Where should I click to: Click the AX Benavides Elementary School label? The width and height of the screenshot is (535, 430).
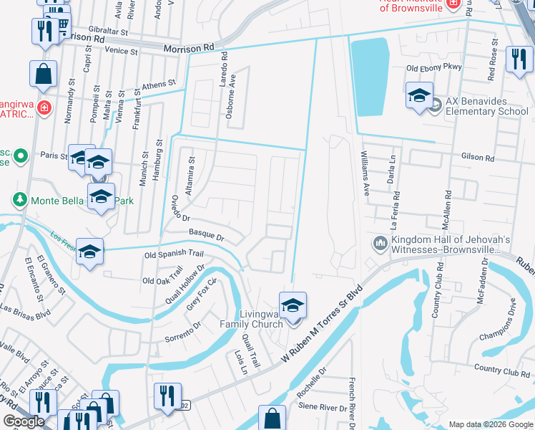[487, 106]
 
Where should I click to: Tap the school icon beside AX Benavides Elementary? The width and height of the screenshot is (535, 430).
[419, 95]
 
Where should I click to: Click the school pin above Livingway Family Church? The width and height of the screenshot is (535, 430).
[292, 305]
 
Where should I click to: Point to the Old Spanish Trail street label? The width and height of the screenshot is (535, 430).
[174, 254]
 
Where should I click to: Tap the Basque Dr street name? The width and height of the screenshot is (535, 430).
[207, 234]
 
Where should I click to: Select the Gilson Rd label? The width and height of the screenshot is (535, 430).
[478, 158]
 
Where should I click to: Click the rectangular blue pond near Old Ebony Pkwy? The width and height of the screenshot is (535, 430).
[371, 76]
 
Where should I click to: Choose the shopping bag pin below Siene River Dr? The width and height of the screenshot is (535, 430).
[272, 418]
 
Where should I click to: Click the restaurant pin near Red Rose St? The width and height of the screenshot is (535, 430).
[519, 59]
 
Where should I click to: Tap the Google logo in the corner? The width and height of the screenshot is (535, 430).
[24, 421]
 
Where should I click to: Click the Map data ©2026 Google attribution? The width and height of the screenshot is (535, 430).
[490, 424]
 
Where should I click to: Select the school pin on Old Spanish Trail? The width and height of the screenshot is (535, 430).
[90, 252]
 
